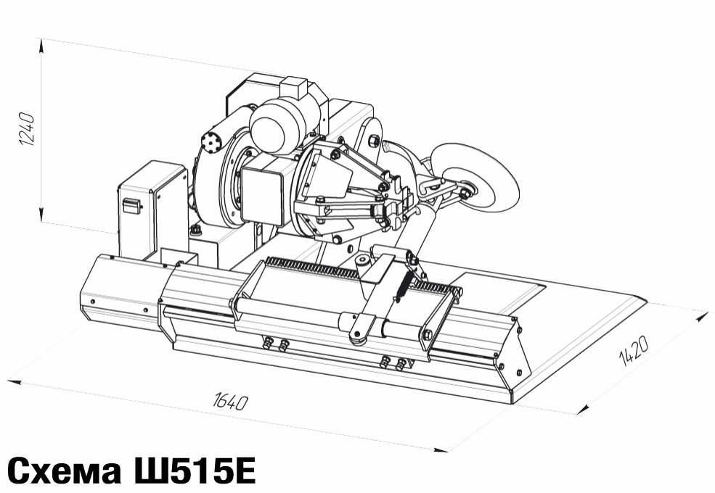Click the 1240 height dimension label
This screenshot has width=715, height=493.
[x=27, y=129]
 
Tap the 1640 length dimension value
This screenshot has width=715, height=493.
[x=230, y=402]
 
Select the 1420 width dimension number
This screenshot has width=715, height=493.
[x=633, y=351]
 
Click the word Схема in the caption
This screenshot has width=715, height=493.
[x=65, y=471]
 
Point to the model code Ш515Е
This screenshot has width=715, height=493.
[x=193, y=471]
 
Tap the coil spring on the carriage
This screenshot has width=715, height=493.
[x=404, y=285]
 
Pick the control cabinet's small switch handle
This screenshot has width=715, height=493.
[x=131, y=204]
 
